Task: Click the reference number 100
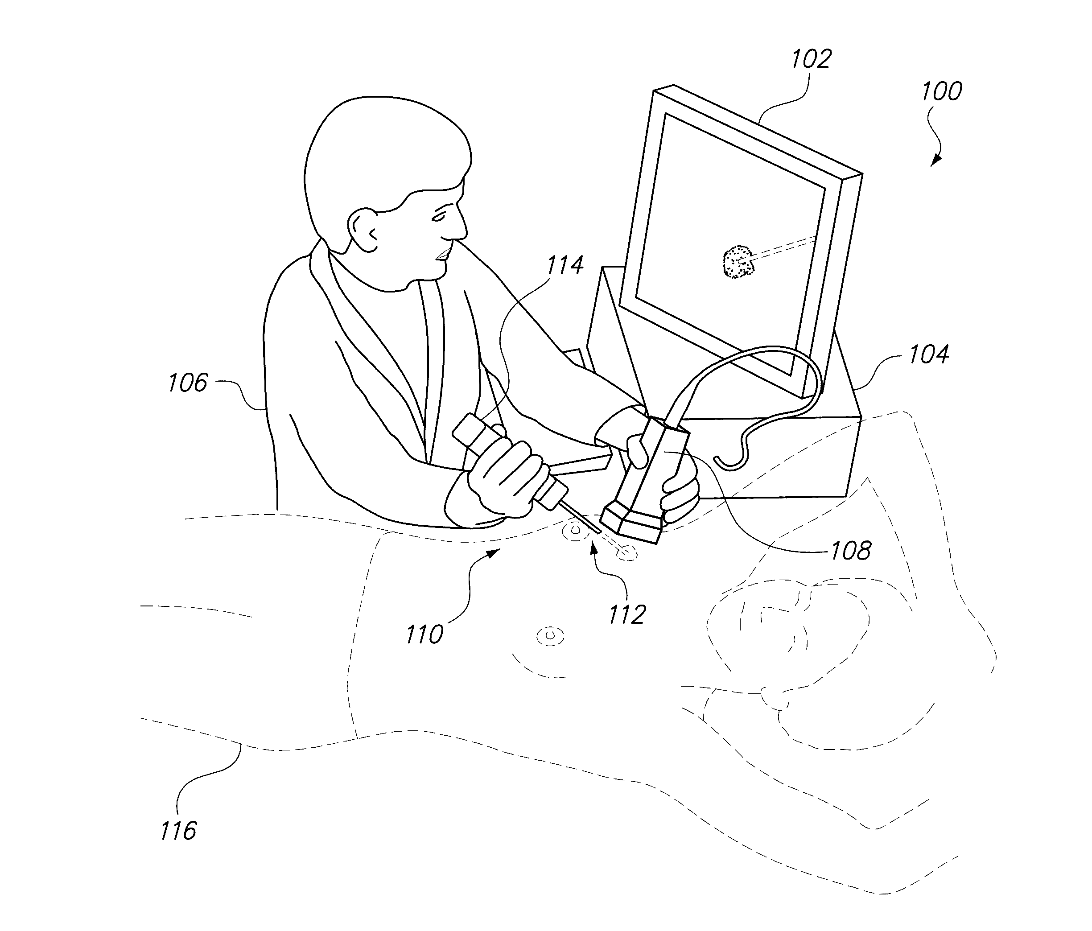[x=941, y=92]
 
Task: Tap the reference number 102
[x=811, y=59]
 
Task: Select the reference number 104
[x=929, y=354]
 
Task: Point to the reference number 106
[x=188, y=383]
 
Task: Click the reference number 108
[x=851, y=551]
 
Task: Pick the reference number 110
[x=424, y=634]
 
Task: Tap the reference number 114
[x=565, y=265]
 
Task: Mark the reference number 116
[x=178, y=831]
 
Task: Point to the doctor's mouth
[x=443, y=254]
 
